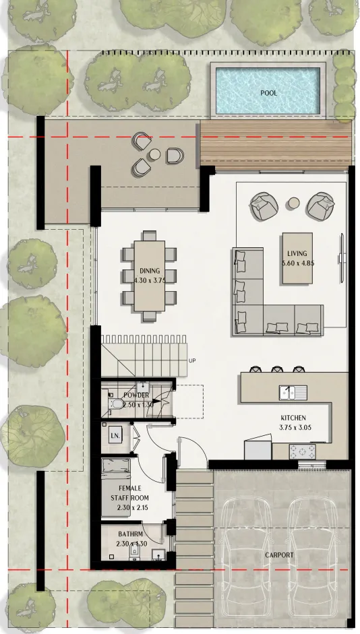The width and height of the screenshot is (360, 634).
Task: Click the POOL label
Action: click(268, 93)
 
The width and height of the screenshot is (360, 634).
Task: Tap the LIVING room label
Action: click(297, 254)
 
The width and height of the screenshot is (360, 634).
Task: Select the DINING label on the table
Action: click(149, 270)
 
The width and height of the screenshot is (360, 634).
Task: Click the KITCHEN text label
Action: click(293, 418)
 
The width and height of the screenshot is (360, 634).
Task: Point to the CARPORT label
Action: click(279, 554)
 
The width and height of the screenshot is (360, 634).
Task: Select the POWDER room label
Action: click(136, 395)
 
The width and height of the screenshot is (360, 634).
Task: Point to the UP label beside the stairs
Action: click(192, 361)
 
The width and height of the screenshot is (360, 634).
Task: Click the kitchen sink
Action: click(293, 391)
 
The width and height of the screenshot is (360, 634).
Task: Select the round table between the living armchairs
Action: click(293, 203)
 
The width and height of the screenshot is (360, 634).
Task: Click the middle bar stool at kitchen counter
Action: click(276, 369)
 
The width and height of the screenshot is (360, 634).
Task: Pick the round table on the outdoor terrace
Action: click(154, 154)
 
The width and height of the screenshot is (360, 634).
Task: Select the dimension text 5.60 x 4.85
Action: click(297, 263)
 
